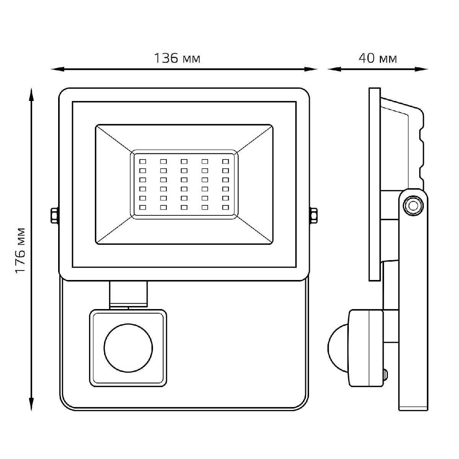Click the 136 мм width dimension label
(x=177, y=59)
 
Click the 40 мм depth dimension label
(x=378, y=59)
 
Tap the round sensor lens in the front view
(x=128, y=347)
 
